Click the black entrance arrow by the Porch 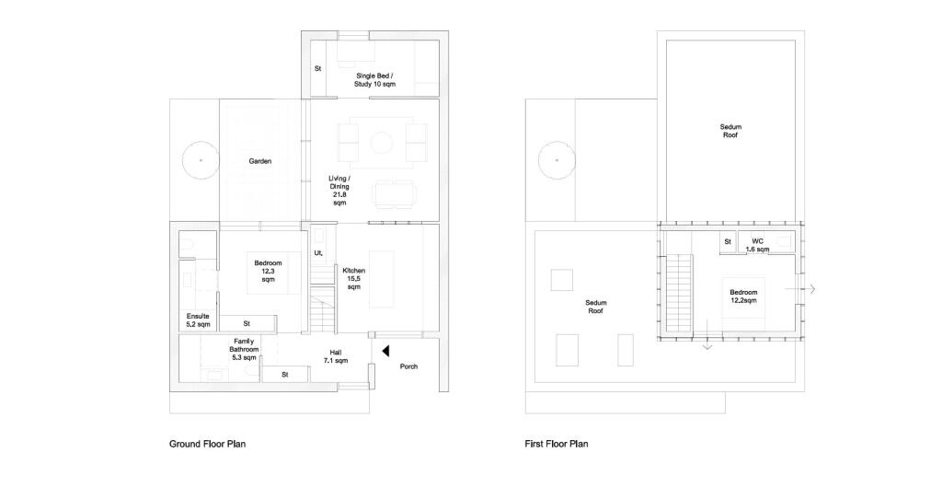[385, 350]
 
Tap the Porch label [408, 366]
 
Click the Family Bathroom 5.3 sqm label [244, 349]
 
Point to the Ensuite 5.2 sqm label [199, 320]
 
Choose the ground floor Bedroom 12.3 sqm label [268, 271]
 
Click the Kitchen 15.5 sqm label [354, 279]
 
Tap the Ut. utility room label [319, 253]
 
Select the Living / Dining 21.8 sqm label [339, 191]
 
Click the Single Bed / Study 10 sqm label [375, 80]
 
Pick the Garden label [260, 161]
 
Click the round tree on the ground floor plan [200, 160]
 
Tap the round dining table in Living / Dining [382, 143]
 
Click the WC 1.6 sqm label [758, 245]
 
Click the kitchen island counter [382, 280]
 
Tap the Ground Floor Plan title [208, 444]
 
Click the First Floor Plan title [557, 444]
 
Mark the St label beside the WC [728, 241]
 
